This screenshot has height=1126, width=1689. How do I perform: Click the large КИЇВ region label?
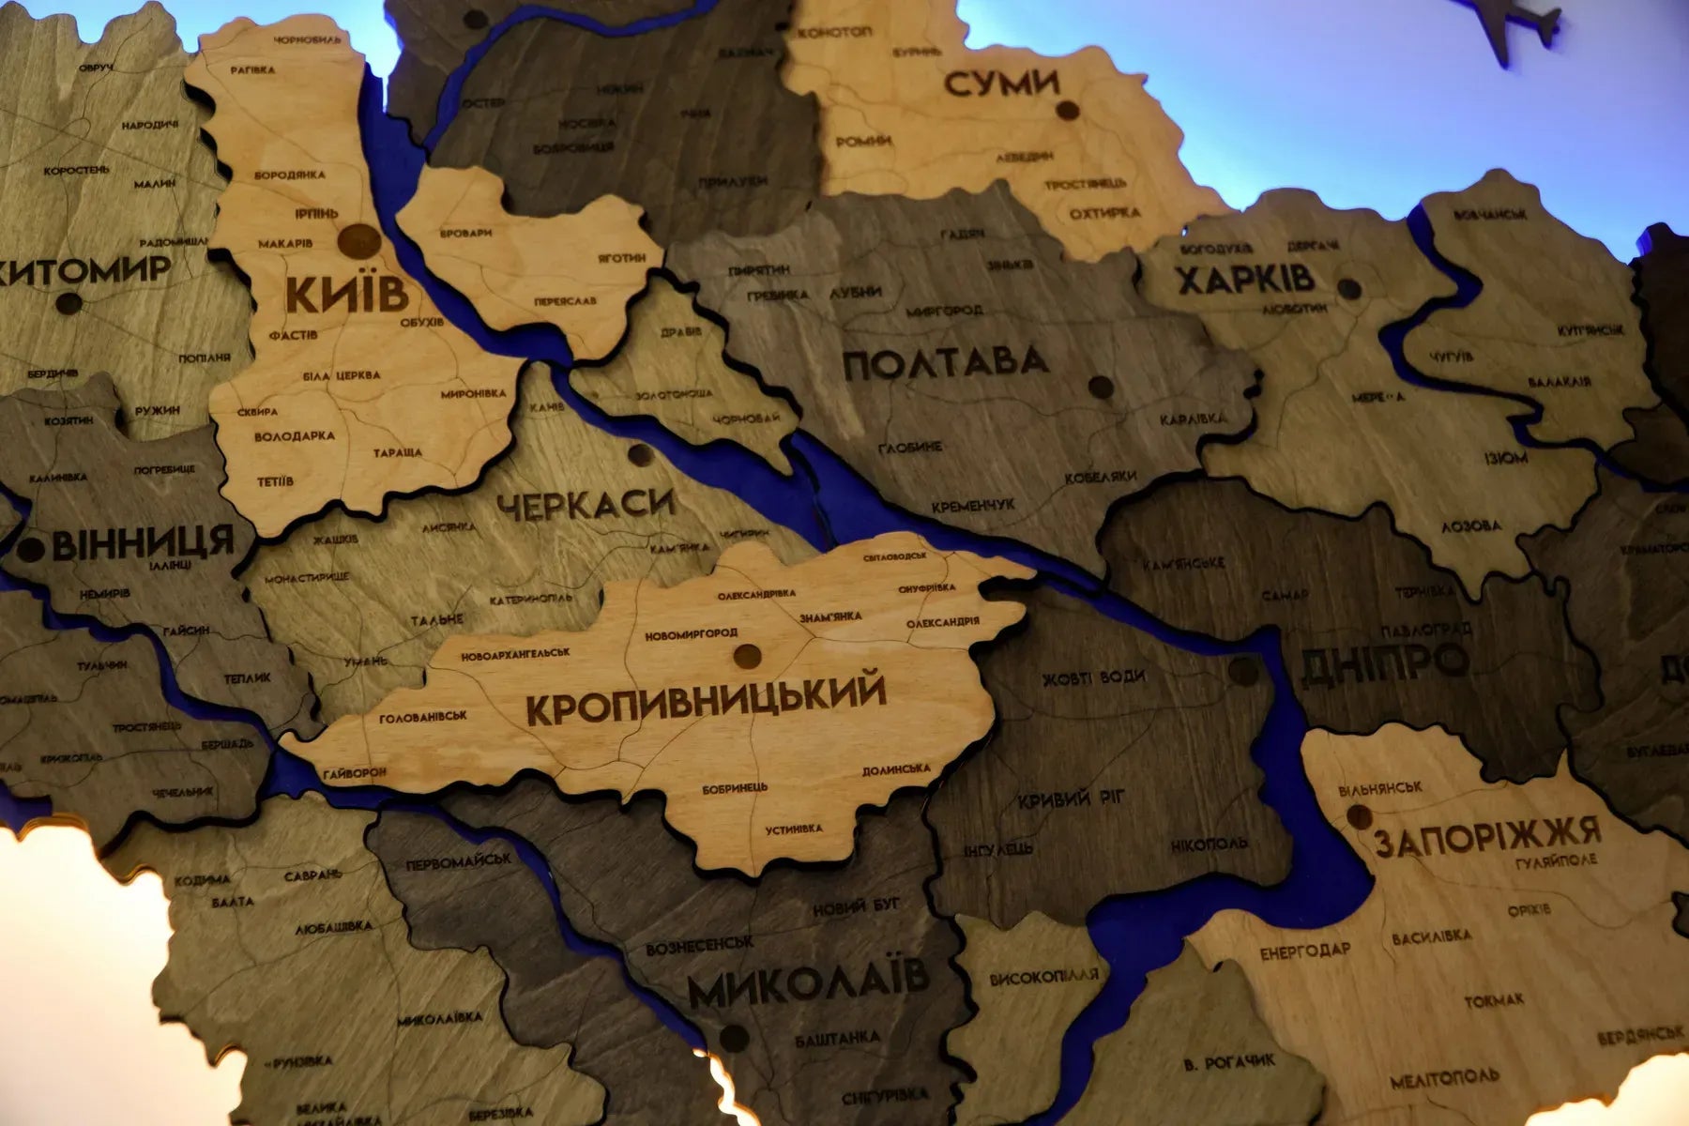click(x=347, y=294)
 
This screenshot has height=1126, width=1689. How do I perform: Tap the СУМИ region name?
click(x=1001, y=84)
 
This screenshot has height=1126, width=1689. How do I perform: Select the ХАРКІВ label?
click(x=1245, y=280)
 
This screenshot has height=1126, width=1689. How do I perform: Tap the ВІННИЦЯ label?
click(x=143, y=543)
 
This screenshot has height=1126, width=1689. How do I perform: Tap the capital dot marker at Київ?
click(x=359, y=242)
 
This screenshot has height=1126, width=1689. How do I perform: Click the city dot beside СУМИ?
click(x=1066, y=111)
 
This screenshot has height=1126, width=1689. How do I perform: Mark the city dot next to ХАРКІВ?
click(x=1348, y=288)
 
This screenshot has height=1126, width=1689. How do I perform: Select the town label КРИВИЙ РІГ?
click(x=1071, y=800)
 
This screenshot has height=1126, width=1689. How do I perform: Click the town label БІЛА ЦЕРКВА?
click(x=342, y=375)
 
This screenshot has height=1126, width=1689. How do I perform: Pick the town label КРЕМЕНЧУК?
click(x=973, y=506)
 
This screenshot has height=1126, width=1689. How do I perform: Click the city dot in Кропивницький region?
click(x=747, y=655)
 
